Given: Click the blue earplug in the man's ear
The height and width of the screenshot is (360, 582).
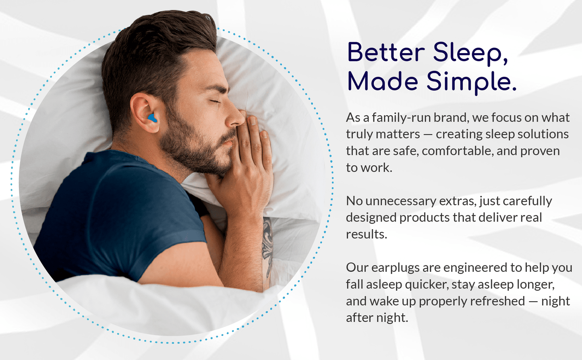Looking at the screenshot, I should coord(152,118).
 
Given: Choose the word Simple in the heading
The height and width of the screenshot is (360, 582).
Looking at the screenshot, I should coord(471,82).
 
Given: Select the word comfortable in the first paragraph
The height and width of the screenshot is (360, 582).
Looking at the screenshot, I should coord(457,151).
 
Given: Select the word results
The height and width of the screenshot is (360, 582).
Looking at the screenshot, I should coord(366,234).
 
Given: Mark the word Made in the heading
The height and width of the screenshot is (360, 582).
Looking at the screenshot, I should coord(383,82).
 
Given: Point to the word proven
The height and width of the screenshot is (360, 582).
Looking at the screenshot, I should coord(540,151).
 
